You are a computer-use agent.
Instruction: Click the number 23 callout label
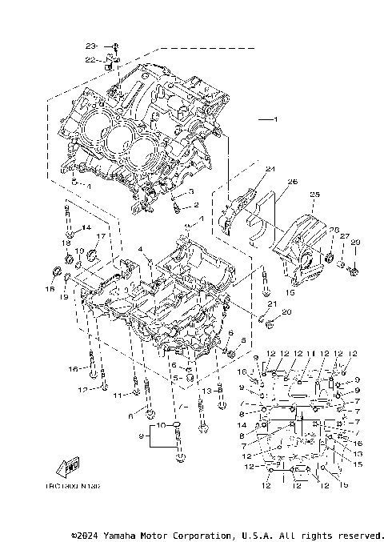[x=90, y=46]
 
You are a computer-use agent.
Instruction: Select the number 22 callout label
[x=90, y=58]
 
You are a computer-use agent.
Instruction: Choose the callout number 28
[x=334, y=230]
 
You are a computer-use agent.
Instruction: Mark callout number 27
[x=346, y=236]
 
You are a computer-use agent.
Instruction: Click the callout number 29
[x=357, y=243]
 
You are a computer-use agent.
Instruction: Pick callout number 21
[x=272, y=304]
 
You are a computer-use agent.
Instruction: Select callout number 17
[x=102, y=236]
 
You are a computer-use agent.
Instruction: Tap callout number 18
[x=67, y=243]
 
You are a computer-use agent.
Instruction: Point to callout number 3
[x=192, y=192]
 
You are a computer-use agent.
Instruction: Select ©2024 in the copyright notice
[x=89, y=535]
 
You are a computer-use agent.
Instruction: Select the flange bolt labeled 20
[x=270, y=323]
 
